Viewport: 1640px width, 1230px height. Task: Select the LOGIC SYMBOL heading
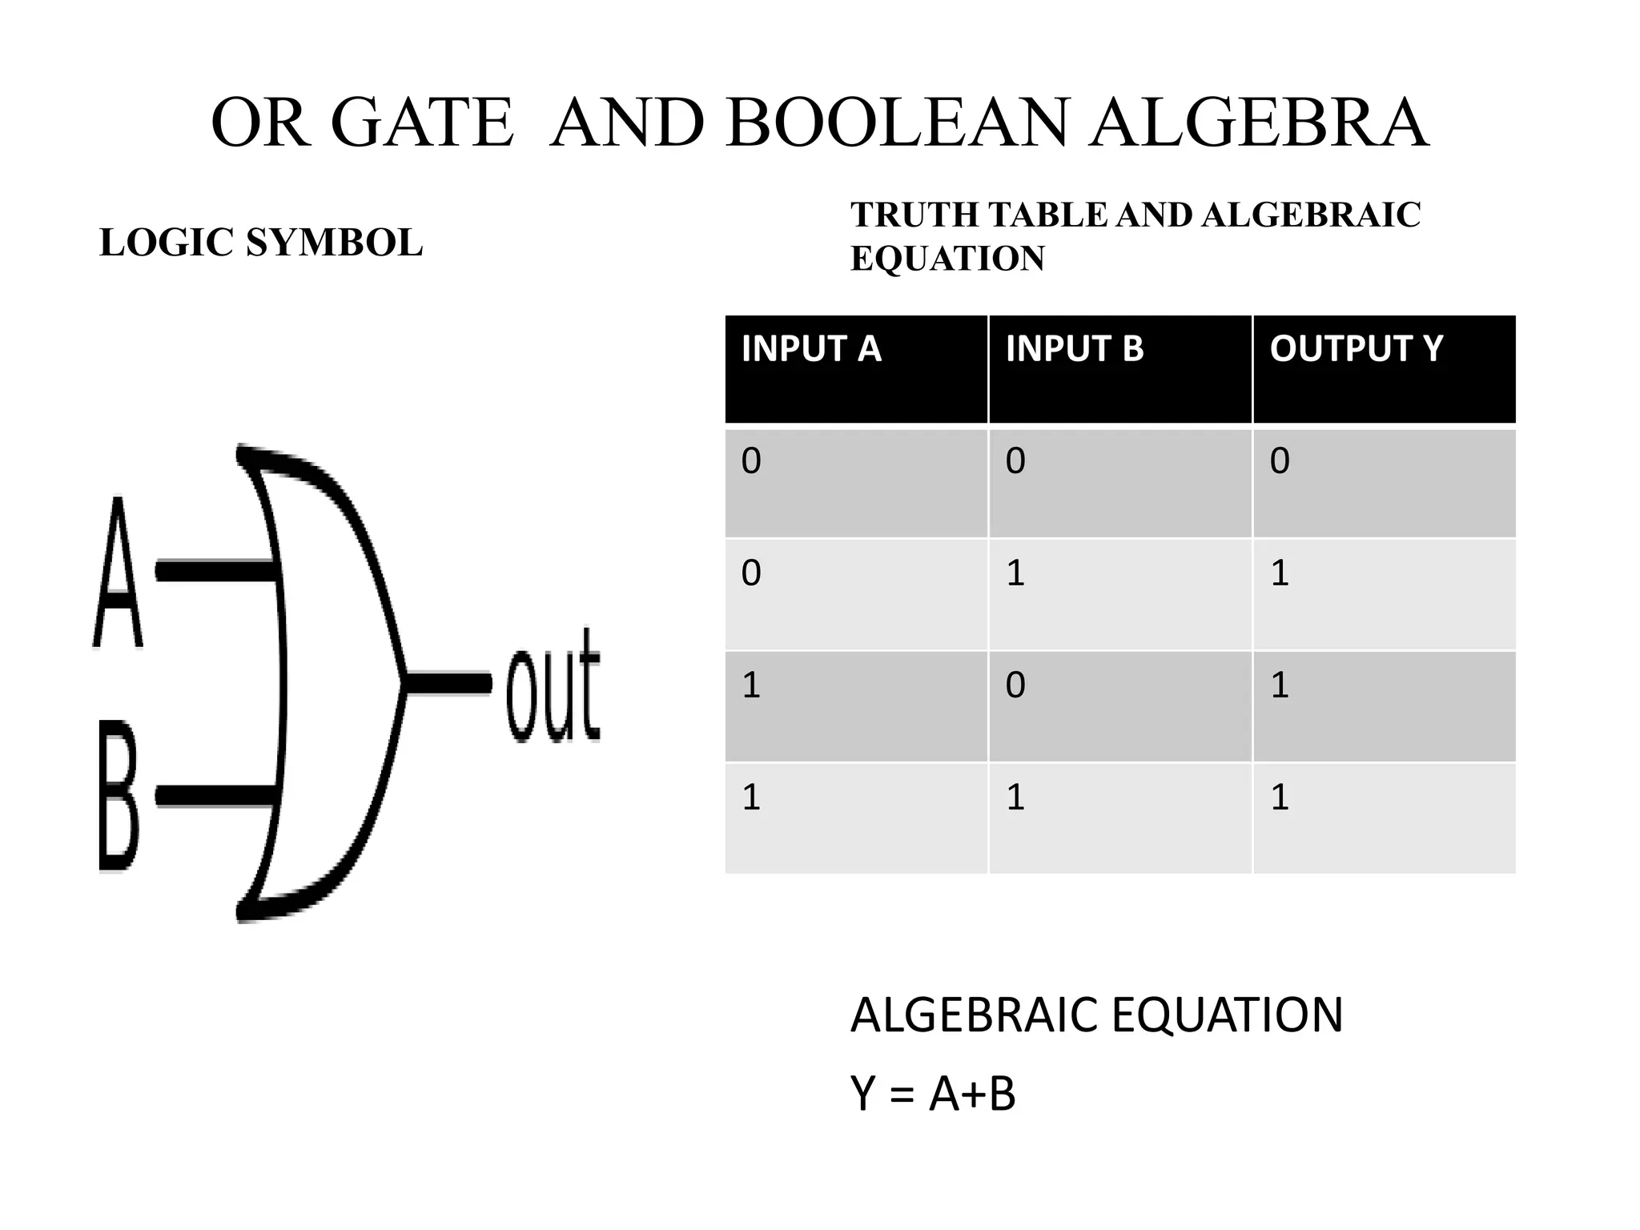click(261, 243)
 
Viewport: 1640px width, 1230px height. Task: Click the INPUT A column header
click(811, 349)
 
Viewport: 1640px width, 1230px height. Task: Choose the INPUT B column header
click(1075, 349)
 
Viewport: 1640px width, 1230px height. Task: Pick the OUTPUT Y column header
click(1356, 349)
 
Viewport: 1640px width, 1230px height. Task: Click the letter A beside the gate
click(118, 573)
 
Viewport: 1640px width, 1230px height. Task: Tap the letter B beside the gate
click(119, 795)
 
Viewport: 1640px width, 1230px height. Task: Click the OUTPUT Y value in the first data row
click(1280, 461)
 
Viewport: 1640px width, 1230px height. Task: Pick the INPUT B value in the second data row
click(1015, 573)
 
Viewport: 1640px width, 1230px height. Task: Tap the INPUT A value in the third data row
click(751, 685)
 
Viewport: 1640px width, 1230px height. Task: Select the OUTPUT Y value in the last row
click(1280, 798)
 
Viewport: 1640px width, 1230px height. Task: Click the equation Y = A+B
click(933, 1094)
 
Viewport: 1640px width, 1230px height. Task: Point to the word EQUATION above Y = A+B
click(1227, 1015)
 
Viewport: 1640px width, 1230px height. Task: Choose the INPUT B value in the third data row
click(1015, 685)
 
